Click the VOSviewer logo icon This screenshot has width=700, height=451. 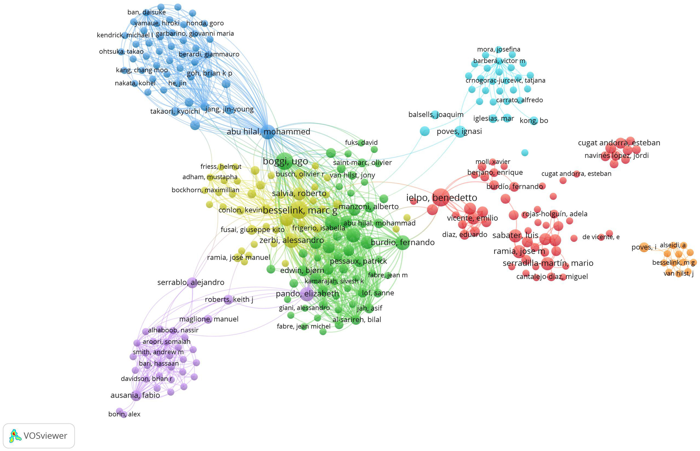coord(15,436)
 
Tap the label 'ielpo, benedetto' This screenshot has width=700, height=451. coord(441,198)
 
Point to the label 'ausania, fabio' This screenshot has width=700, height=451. coord(135,395)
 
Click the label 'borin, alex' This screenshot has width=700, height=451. coord(124,414)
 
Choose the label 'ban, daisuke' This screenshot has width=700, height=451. coord(147,12)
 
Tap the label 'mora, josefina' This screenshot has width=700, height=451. coord(498,49)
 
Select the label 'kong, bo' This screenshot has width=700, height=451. coord(534,120)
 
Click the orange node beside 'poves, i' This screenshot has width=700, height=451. coord(644,247)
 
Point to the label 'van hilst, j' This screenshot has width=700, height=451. coord(678,274)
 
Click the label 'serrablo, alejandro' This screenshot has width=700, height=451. coord(191,282)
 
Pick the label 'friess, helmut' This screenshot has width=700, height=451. coord(221,167)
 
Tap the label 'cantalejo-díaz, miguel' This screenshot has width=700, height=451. coord(552,276)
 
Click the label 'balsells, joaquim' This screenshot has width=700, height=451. coord(436,114)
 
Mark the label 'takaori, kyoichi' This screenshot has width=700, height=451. coord(175,111)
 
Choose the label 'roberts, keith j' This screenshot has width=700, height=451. coord(229,299)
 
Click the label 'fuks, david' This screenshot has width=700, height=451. coord(361,143)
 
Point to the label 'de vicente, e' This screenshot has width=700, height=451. coord(601,237)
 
